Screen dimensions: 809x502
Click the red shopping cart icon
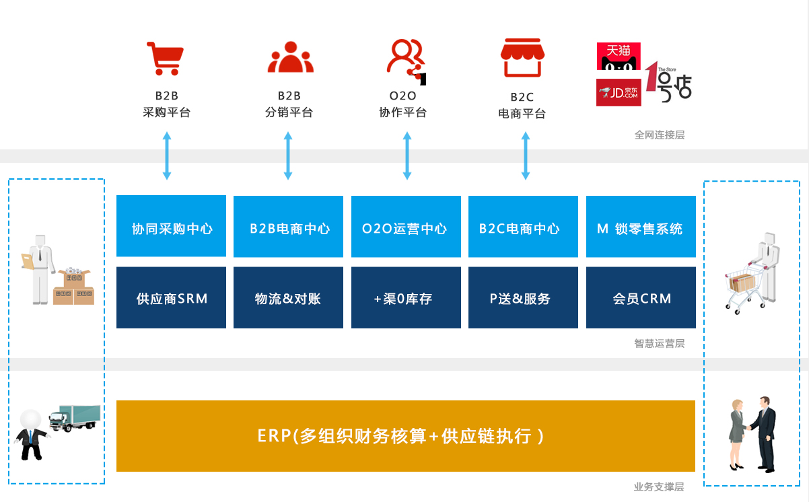(x=166, y=59)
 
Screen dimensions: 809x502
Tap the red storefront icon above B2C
(x=522, y=58)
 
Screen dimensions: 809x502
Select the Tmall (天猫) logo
(x=619, y=56)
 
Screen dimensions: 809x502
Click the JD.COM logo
(x=619, y=92)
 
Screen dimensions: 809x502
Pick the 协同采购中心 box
(x=171, y=226)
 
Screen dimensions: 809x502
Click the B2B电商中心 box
(x=288, y=227)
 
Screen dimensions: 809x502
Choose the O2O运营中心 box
(x=406, y=227)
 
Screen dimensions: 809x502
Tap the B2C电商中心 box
(x=523, y=227)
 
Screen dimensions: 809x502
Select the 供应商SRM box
(x=171, y=297)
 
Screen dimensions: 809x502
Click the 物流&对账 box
(x=288, y=297)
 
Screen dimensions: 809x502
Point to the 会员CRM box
(x=641, y=297)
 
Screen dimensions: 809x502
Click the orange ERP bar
(x=406, y=436)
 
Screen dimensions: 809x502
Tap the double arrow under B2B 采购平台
(x=167, y=155)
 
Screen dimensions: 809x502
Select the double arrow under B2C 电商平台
(x=526, y=155)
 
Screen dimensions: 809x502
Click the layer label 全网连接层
(x=660, y=135)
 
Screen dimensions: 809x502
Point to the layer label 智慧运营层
(x=660, y=343)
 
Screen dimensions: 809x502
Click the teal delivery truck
(x=75, y=418)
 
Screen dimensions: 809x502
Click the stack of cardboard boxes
(x=74, y=287)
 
